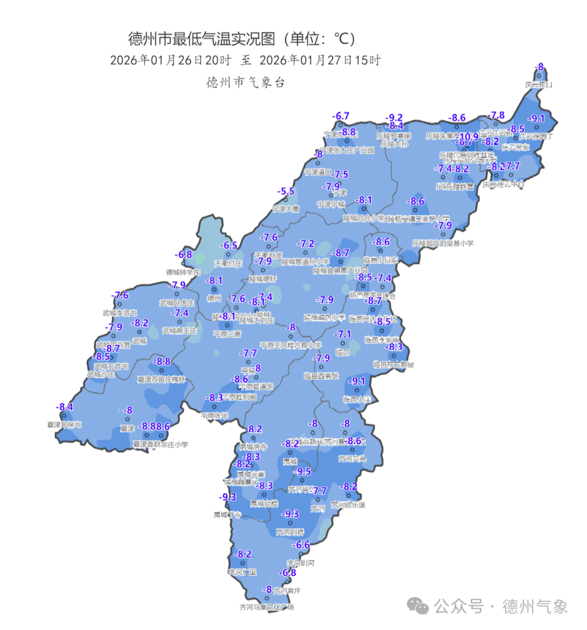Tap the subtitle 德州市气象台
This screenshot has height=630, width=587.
pyautogui.click(x=246, y=83)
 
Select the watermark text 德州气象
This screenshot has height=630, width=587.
pyautogui.click(x=535, y=607)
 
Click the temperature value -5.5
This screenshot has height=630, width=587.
pyautogui.click(x=286, y=191)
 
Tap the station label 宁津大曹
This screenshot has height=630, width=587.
pyautogui.click(x=286, y=209)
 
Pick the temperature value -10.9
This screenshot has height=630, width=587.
pyautogui.click(x=469, y=136)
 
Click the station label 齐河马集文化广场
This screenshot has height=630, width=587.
pyautogui.click(x=267, y=607)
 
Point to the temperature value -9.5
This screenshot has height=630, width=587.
pyautogui.click(x=303, y=472)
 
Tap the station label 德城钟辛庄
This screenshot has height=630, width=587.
pyautogui.click(x=183, y=272)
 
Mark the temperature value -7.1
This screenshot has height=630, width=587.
pyautogui.click(x=343, y=335)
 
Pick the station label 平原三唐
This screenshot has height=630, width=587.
pyautogui.click(x=227, y=335)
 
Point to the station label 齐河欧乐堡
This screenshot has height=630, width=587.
pyautogui.click(x=348, y=505)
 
